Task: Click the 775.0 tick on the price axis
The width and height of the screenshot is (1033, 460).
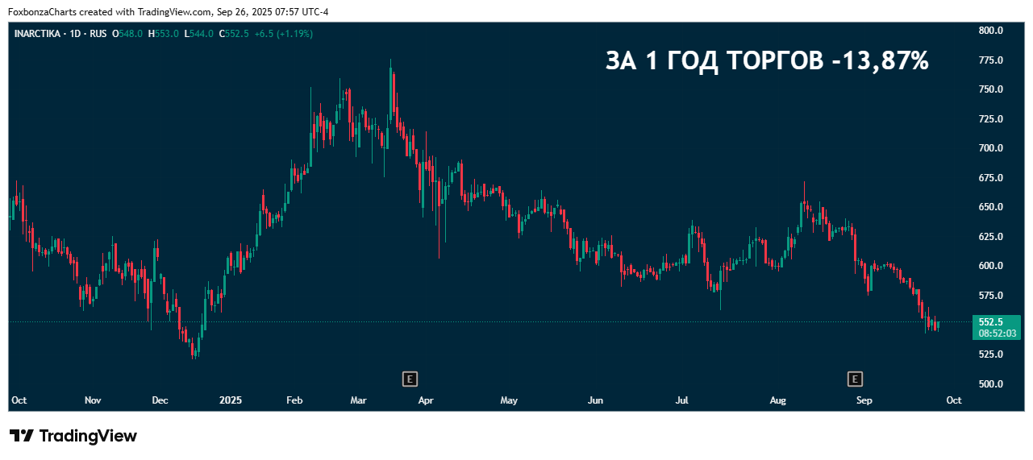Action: (990, 60)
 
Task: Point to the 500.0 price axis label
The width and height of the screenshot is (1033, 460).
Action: (990, 383)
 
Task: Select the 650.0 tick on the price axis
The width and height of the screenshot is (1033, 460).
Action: (990, 207)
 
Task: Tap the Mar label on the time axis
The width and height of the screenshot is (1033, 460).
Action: (359, 400)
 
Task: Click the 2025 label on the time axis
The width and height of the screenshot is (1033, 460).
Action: (231, 400)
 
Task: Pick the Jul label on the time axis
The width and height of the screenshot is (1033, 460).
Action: (681, 400)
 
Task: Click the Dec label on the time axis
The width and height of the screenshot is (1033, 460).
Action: (160, 400)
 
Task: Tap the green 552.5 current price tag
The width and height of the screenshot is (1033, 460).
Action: (991, 321)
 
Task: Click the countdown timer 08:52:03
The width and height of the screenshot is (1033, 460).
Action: (997, 333)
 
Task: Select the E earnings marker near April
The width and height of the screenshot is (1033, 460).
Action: (410, 378)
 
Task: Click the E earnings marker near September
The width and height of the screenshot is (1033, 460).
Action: (855, 378)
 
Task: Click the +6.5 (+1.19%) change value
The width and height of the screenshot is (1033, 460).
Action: (283, 34)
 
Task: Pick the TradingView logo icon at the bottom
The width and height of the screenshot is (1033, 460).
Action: (22, 436)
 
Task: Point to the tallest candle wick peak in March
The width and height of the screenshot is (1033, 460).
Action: (391, 60)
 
